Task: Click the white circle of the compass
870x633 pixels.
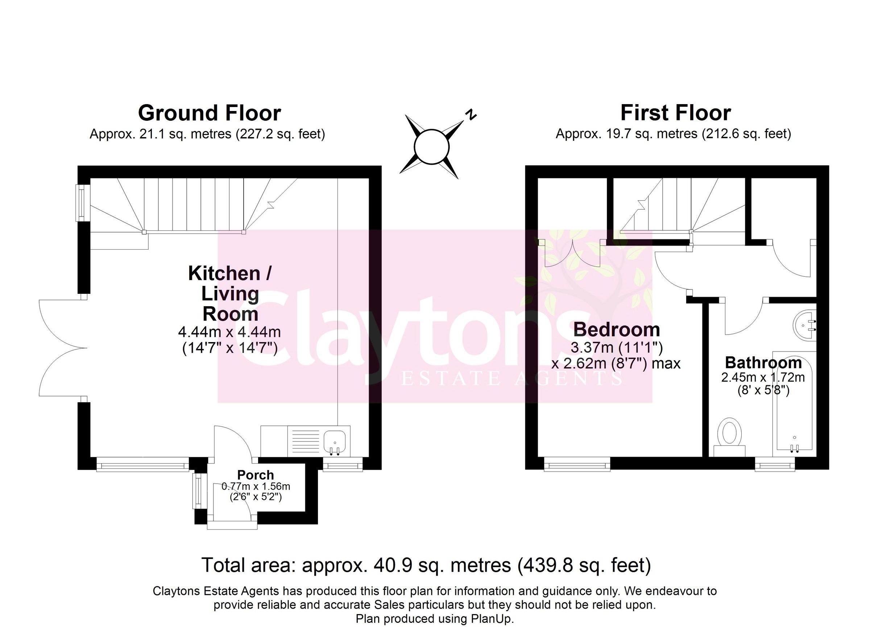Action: click(431, 147)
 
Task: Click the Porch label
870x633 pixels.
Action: click(256, 475)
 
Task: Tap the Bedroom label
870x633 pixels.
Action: click(617, 330)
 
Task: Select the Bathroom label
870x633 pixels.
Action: click(763, 363)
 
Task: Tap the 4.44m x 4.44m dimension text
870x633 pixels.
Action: click(229, 332)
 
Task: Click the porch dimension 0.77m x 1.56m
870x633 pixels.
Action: click(256, 487)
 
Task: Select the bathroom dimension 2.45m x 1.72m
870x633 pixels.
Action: click(763, 377)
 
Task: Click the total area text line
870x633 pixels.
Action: click(426, 565)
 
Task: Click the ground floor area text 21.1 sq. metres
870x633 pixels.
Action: click(207, 134)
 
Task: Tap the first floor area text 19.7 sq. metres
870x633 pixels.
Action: click(673, 134)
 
